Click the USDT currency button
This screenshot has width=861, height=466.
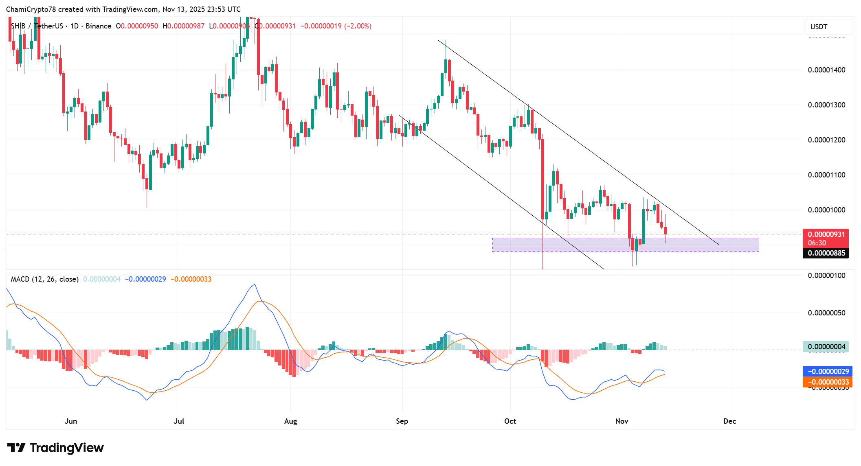[x=827, y=27]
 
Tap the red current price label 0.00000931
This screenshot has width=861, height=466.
[x=826, y=234]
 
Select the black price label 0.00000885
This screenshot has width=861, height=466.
[x=826, y=253]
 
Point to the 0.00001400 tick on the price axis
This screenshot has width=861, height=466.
[x=826, y=70]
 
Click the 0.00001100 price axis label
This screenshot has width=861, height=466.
[x=826, y=175]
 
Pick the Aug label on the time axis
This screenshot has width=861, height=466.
[x=290, y=421]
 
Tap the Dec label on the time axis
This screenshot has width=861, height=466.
[x=729, y=421]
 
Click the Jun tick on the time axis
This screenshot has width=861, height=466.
[x=71, y=421]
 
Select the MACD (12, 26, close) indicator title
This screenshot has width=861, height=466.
[x=44, y=279]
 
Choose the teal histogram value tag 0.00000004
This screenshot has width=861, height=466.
[x=826, y=347]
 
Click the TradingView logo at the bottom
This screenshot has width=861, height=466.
[x=55, y=448]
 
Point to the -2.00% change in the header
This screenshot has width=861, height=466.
[x=358, y=26]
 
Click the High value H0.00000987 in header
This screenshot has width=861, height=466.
[x=183, y=26]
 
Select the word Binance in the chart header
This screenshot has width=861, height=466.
[x=98, y=26]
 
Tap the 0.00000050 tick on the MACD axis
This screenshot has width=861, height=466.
[x=826, y=313]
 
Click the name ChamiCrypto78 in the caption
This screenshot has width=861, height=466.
[x=31, y=9]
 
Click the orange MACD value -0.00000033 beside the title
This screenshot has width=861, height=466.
[x=191, y=279]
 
